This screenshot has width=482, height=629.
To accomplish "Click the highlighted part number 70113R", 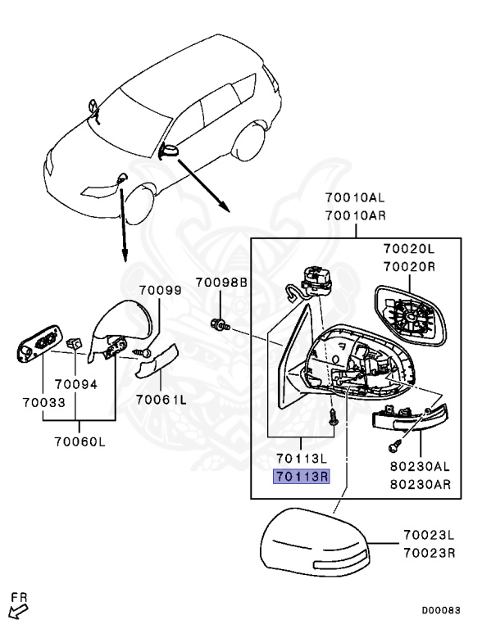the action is [x=302, y=477].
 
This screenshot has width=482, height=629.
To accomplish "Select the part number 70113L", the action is [x=302, y=458].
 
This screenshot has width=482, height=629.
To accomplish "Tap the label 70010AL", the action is [x=355, y=197].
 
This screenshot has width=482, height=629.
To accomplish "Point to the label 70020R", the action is [x=409, y=266].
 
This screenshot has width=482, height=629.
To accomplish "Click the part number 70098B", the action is [x=221, y=283].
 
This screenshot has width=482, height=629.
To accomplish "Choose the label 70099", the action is [x=161, y=290].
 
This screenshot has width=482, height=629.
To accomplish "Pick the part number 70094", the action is [x=76, y=384].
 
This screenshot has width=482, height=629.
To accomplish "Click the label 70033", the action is [x=43, y=402].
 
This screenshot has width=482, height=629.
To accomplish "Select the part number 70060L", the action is [x=80, y=441].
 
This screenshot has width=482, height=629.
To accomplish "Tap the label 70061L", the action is [x=161, y=400].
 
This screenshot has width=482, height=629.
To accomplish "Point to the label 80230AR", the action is [x=421, y=484].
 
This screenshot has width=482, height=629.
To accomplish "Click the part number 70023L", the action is [x=429, y=535].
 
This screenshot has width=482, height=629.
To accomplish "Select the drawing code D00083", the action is [x=441, y=610].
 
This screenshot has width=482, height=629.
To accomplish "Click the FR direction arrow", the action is [x=18, y=612].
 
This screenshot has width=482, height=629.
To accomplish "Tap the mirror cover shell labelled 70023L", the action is [x=315, y=542].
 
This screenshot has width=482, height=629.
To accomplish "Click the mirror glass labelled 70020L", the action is [x=410, y=315].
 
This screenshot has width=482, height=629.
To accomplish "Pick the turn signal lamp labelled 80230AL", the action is [x=410, y=419].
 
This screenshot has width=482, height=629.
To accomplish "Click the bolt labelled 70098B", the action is [x=221, y=324].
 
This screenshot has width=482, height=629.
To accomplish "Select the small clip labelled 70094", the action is [x=74, y=344].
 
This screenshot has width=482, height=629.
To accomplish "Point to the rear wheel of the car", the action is [x=249, y=141].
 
